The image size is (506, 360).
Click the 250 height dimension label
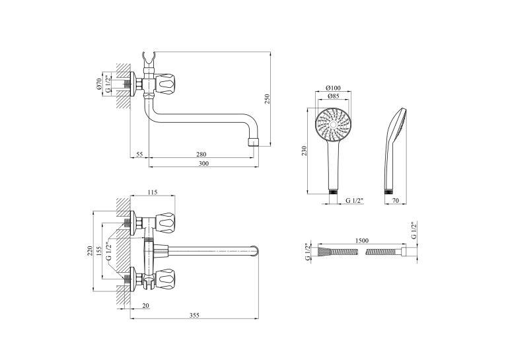(267, 98)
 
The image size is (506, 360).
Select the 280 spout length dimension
(201, 155)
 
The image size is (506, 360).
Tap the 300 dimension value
(203, 164)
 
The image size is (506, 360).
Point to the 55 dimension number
(139, 155)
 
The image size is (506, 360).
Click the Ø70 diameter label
(99, 83)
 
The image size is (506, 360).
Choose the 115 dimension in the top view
(153, 192)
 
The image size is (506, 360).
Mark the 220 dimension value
(90, 251)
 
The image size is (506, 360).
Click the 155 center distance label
(99, 251)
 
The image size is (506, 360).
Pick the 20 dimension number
(145, 305)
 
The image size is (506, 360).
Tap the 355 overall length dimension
(194, 315)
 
